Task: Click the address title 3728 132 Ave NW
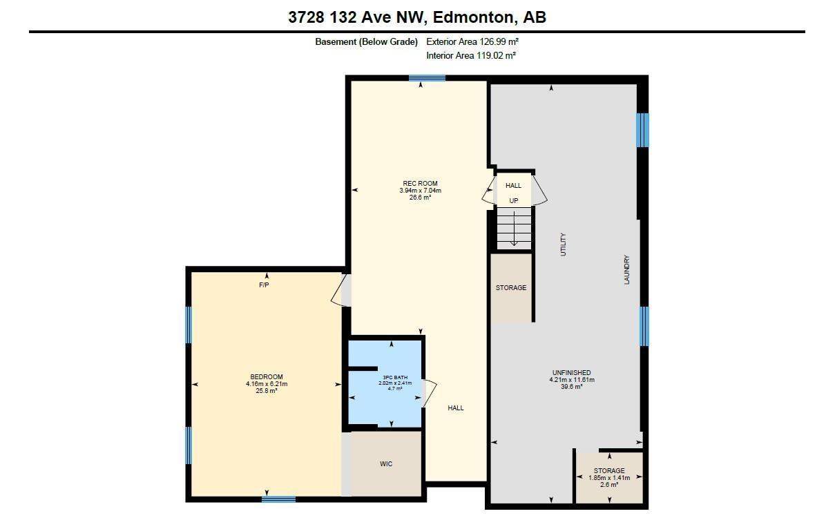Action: tap(417, 17)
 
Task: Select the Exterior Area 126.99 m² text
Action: tap(472, 41)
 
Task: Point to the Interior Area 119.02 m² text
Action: tap(471, 55)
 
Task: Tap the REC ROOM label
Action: tap(420, 184)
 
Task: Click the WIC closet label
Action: tap(386, 463)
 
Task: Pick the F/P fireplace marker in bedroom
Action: tap(263, 285)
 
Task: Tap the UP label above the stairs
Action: tap(514, 201)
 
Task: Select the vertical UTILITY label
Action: tap(563, 245)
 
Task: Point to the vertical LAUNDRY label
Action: tap(627, 270)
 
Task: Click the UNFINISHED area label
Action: tap(571, 373)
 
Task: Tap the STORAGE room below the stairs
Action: tap(510, 288)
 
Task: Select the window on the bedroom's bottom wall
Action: tap(278, 499)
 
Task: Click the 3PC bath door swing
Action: tap(430, 394)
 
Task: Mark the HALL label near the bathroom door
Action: tap(456, 408)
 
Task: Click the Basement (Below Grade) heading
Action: tap(366, 41)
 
